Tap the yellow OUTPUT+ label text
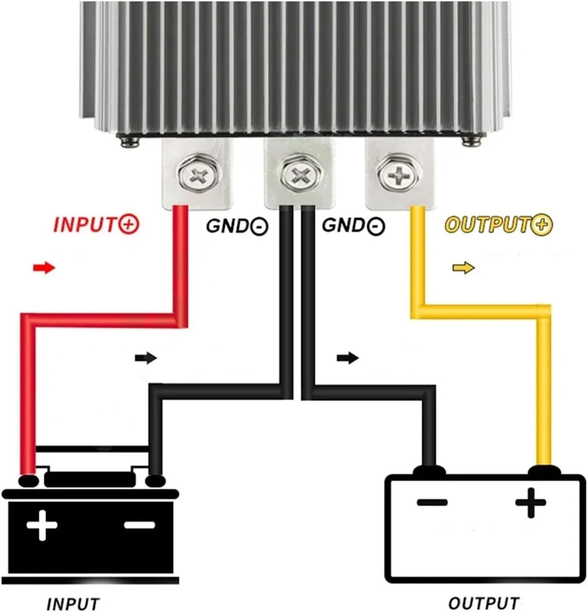499,225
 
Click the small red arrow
44,268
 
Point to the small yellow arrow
463,268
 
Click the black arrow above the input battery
146,358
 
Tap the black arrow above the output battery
347,358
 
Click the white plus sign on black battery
42,525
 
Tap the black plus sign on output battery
531,503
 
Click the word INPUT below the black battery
73,604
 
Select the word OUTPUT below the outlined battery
484,603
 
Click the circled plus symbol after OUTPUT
544,225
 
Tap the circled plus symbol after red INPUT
129,225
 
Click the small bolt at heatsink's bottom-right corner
472,141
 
